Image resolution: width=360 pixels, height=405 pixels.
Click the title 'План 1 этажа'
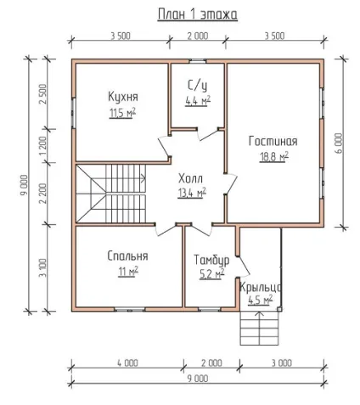pos(197,14)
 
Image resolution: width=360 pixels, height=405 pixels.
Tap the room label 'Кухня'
pos(123,97)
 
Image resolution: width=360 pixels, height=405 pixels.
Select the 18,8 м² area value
pos(274,156)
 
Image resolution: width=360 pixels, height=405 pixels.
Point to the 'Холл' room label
pos(190,178)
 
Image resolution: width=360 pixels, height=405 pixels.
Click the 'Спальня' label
pos(127,256)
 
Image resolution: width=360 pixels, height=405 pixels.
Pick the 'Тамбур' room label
pos(211,260)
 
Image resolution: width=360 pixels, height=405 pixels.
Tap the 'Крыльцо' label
pos(261,288)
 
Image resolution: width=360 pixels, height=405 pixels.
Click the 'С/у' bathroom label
pos(197,85)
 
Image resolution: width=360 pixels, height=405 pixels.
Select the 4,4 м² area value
pos(198,100)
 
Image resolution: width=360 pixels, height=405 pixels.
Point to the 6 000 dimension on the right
pos(339,143)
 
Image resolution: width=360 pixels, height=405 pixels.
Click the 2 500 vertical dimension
pos(42,94)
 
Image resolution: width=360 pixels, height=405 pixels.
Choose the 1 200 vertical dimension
pos(42,146)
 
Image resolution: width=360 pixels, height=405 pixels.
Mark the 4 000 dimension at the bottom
pos(127,363)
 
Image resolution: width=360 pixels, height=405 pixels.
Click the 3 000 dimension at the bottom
pos(282,363)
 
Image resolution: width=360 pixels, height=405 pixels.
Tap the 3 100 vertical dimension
pos(42,267)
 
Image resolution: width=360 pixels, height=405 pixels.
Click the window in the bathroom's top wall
pos(198,60)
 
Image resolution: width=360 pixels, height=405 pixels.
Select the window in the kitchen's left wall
pos(73,113)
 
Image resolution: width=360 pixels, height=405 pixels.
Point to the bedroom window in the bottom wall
pos(129,310)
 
